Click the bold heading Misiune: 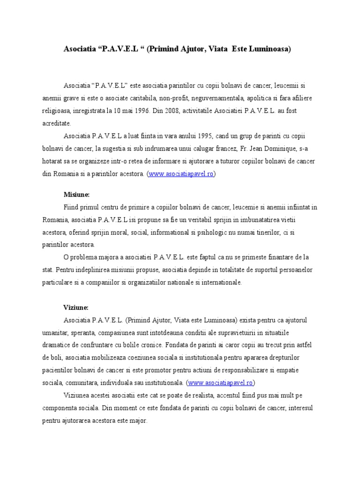pos(76,194)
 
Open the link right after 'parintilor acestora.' pos(181,174)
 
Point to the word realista pos(187,395)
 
